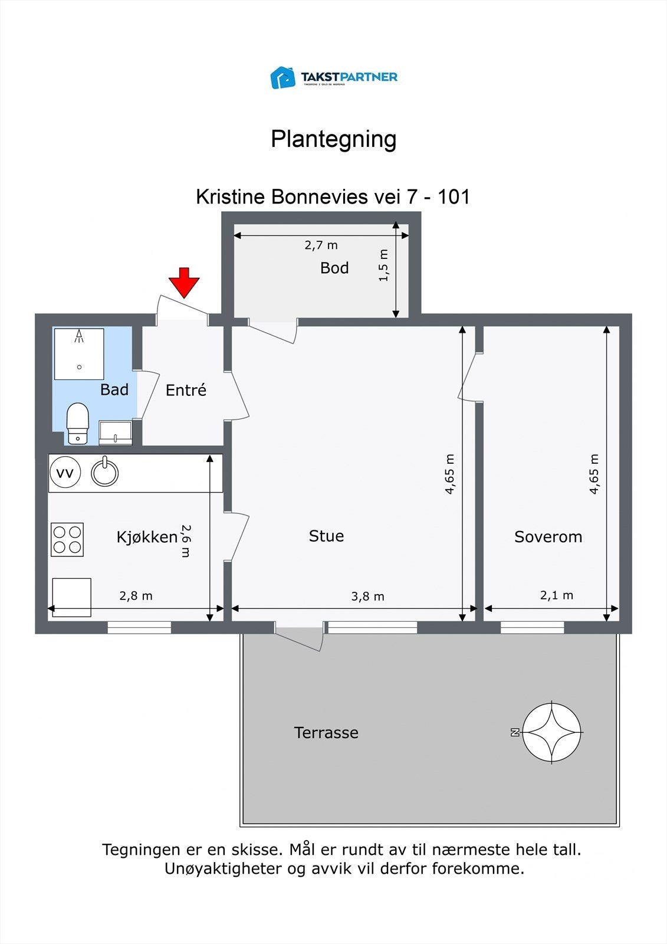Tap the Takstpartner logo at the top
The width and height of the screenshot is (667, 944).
[x=334, y=77]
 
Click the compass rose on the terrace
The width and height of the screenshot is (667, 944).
[x=551, y=732]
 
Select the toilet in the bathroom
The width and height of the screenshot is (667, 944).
[x=77, y=423]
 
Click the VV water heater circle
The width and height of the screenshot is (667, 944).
[x=65, y=473]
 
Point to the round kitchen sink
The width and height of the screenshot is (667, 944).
[x=105, y=473]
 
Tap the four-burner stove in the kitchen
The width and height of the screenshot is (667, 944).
[x=67, y=539]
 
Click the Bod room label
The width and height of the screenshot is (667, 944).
[x=334, y=268]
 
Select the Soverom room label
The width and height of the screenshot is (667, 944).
[x=548, y=537]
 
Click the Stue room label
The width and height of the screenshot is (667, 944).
[x=326, y=536]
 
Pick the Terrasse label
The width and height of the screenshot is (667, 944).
[x=326, y=733]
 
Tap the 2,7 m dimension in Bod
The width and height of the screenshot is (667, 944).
[x=321, y=245]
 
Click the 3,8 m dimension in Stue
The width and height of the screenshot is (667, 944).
[x=367, y=596]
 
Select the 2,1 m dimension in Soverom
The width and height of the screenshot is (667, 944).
[x=556, y=595]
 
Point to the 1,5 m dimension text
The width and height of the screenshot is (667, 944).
[x=384, y=265]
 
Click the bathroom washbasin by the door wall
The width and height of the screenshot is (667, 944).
[x=115, y=432]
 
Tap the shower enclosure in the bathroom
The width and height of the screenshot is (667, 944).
[x=79, y=354]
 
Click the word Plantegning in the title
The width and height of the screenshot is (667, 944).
[x=333, y=139]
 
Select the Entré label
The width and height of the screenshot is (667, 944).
[x=186, y=390]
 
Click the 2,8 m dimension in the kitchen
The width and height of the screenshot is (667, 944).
[x=136, y=596]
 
